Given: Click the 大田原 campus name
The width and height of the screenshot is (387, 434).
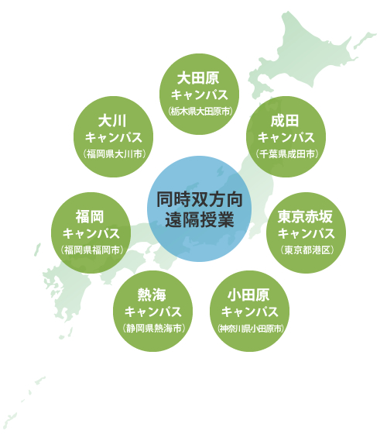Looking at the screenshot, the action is (198, 78).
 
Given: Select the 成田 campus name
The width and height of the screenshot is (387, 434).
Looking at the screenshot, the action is (285, 121).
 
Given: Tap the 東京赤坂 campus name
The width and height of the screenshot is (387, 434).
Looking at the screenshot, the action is (305, 217).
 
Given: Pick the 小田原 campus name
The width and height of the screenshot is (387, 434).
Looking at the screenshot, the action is (248, 294).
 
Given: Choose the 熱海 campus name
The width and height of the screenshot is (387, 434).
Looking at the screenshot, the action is (152, 294).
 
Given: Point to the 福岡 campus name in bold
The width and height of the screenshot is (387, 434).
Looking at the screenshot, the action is (90, 217).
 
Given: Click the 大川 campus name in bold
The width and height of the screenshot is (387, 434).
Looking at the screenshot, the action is (112, 121).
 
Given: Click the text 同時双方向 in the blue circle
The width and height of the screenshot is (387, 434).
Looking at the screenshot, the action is (200, 199).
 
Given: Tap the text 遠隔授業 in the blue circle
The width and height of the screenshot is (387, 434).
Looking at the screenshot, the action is (200, 219).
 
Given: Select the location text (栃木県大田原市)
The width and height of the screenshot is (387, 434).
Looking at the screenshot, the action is (200, 112).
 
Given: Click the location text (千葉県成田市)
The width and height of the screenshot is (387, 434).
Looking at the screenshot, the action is (287, 154).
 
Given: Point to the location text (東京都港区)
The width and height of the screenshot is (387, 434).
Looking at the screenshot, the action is (307, 250).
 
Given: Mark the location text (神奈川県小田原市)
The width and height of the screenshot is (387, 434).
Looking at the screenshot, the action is (251, 329).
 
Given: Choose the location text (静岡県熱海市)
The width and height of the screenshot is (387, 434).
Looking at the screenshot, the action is (154, 329).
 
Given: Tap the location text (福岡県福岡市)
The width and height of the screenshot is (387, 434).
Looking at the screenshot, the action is (92, 250).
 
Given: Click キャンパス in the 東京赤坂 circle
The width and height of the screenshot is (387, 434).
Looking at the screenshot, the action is (307, 233).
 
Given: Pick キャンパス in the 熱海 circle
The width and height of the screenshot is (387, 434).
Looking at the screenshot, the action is (153, 312).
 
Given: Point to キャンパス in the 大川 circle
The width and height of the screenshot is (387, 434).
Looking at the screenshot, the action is (113, 138).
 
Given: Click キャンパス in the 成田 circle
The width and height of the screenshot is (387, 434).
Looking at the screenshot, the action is (286, 138).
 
